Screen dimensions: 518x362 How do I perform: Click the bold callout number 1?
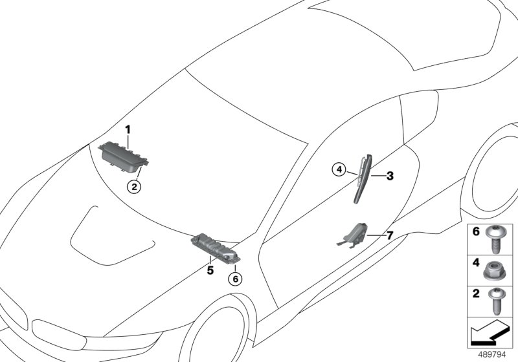coord(128,129)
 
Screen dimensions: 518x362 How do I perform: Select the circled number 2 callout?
coord(134,187)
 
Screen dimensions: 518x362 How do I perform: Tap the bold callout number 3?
coord(390,176)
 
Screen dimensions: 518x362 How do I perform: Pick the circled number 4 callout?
coord(339,170)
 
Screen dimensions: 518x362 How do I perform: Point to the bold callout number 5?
coord(210,270)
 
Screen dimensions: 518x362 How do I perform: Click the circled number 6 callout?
coord(235,279)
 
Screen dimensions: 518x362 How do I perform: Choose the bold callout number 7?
coord(390,235)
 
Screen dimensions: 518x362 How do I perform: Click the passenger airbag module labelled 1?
coord(123,156)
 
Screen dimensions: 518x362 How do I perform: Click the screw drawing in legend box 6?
coord(494,240)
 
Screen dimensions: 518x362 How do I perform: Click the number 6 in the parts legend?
coord(476,231)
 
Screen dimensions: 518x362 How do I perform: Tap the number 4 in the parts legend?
coord(476,263)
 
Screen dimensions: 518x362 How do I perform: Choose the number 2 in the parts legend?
coord(476,293)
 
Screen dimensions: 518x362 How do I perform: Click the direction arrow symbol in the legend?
coord(489,334)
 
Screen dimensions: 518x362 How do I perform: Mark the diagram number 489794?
coord(492,355)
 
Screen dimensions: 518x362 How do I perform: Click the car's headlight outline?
coord(60,335)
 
